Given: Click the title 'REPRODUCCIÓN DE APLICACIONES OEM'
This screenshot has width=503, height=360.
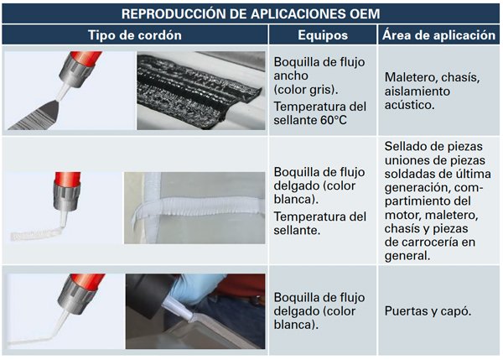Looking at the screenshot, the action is [251, 13].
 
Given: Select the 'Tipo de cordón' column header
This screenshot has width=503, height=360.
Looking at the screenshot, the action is [135, 35].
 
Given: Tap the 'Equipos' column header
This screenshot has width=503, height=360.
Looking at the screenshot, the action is [323, 35].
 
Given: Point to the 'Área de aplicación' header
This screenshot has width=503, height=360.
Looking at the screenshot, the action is [438, 34].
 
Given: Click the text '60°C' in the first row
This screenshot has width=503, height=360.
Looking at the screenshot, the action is [334, 120].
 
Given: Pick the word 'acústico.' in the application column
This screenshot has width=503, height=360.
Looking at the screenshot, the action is [410, 105].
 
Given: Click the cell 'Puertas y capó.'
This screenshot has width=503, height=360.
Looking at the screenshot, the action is [428, 310].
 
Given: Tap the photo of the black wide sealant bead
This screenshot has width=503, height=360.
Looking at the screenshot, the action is [201, 91].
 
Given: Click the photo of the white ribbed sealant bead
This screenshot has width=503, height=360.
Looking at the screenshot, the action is [194, 208].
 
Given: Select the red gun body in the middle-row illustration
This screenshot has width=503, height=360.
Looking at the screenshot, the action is [67, 179].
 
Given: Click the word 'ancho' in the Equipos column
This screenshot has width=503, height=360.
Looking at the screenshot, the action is [291, 76].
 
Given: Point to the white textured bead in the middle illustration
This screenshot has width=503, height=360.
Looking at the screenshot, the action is [35, 234].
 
